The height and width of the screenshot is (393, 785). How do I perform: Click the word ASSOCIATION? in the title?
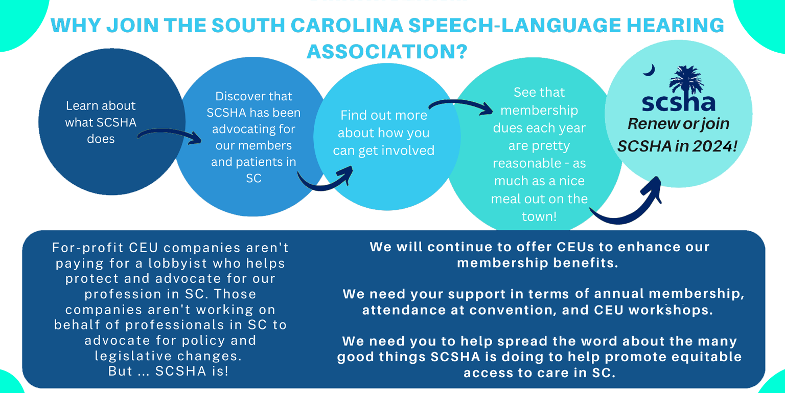click(387, 52)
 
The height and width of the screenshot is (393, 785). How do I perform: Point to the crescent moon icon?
click(650, 70)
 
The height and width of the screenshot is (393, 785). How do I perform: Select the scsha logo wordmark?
click(679, 102)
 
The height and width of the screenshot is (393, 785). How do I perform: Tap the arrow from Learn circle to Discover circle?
click(169, 136)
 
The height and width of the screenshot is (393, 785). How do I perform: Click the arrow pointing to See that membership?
click(460, 106)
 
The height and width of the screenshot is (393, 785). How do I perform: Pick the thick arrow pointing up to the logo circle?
click(631, 207)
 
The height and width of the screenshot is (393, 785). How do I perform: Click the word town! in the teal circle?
click(539, 216)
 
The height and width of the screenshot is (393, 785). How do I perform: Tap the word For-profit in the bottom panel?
click(87, 248)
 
